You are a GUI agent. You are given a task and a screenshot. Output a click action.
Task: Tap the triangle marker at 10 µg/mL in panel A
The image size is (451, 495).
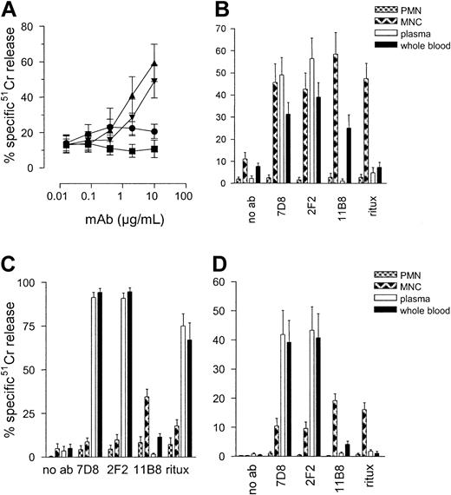tap(154, 63)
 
